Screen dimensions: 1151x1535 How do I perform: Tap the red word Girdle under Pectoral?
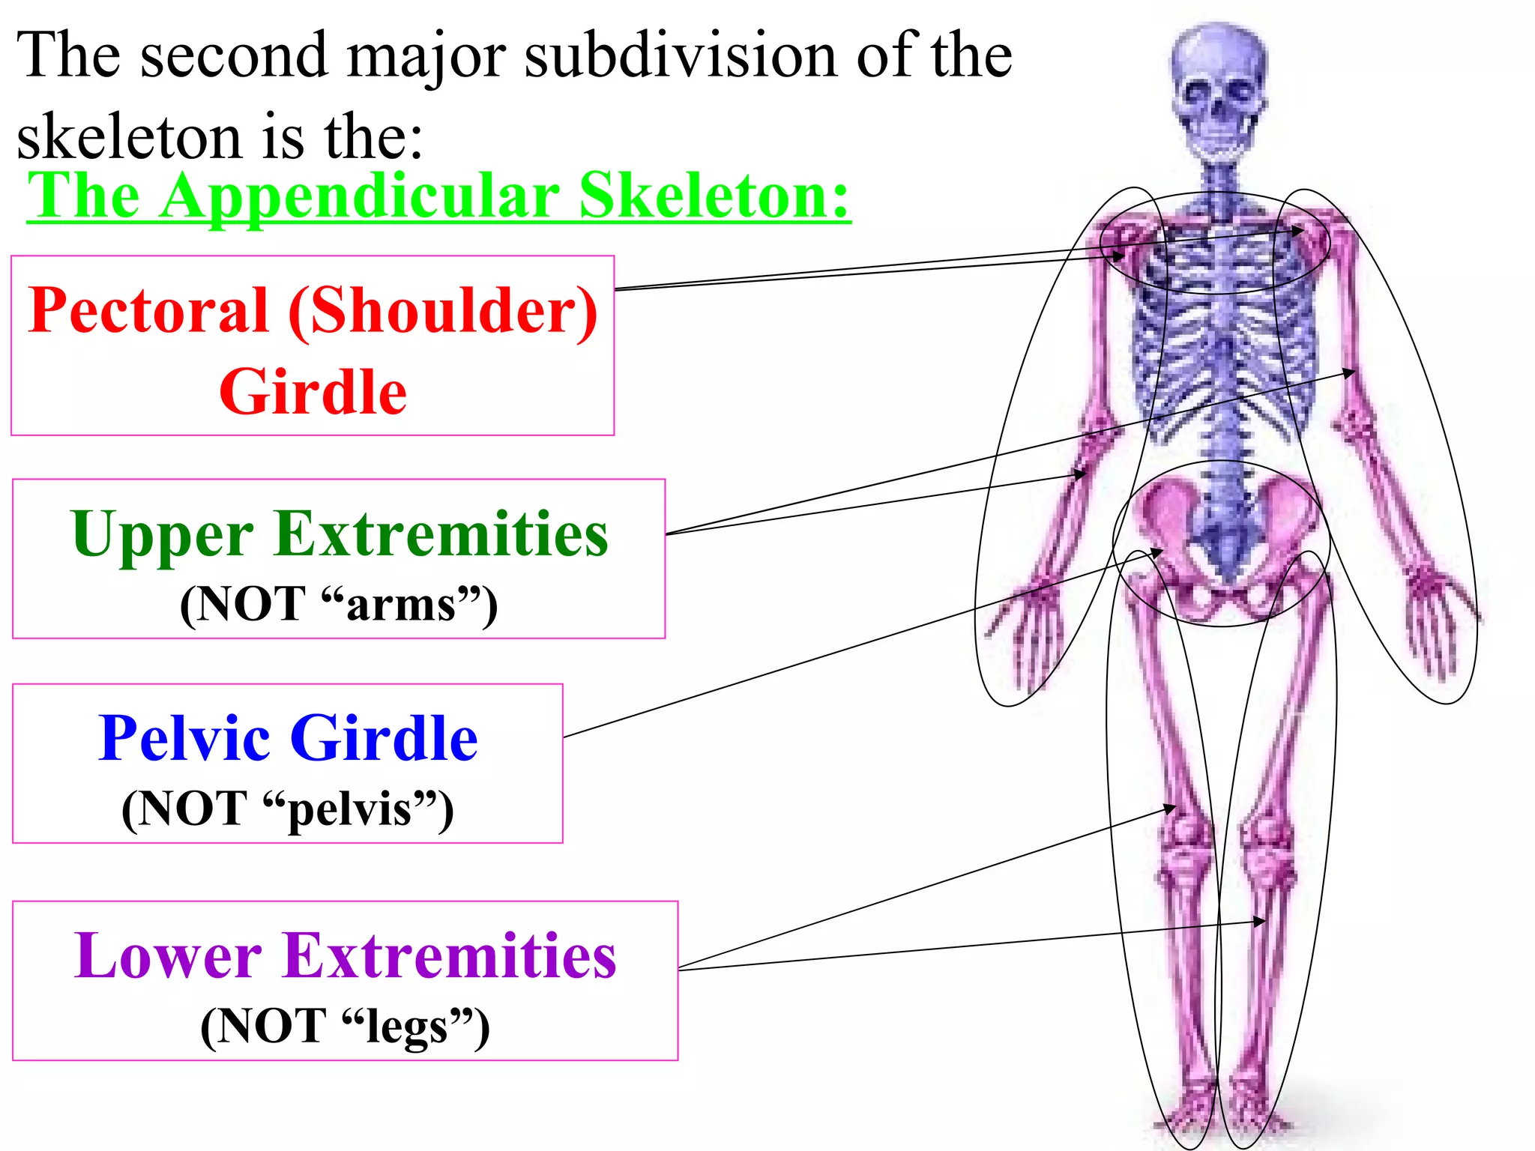[313, 392]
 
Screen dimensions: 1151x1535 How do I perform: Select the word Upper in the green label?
[162, 535]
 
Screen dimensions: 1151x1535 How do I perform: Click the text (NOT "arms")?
[339, 604]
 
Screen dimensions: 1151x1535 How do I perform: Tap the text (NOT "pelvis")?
[288, 809]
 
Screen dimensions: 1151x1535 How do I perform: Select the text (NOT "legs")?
[345, 1026]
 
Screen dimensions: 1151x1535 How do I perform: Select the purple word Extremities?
[450, 957]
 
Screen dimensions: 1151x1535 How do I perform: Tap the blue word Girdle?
[384, 739]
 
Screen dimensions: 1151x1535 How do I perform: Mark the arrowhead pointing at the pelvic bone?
[1158, 553]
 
